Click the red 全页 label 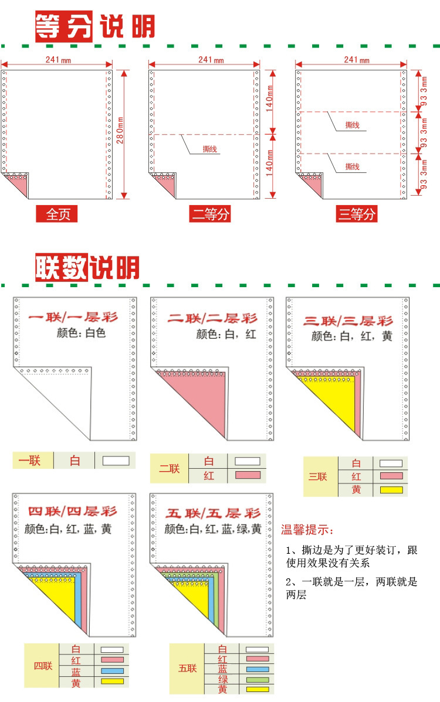pyautogui.click(x=57, y=214)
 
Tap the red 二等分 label pyautogui.click(x=211, y=214)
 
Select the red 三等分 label pyautogui.click(x=356, y=214)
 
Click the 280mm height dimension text pyautogui.click(x=120, y=134)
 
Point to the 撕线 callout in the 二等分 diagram pyautogui.click(x=209, y=149)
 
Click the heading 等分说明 pyautogui.click(x=94, y=26)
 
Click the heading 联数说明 pyautogui.click(x=87, y=268)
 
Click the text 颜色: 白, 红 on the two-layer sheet pyautogui.click(x=226, y=334)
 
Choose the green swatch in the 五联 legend pyautogui.click(x=257, y=680)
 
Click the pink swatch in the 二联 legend pyautogui.click(x=247, y=475)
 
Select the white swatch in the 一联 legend pyautogui.click(x=116, y=461)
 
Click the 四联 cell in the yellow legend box pyautogui.click(x=42, y=666)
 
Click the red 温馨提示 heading pyautogui.click(x=307, y=530)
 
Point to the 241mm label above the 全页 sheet pyautogui.click(x=56, y=59)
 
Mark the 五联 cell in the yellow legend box pyautogui.click(x=187, y=668)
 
